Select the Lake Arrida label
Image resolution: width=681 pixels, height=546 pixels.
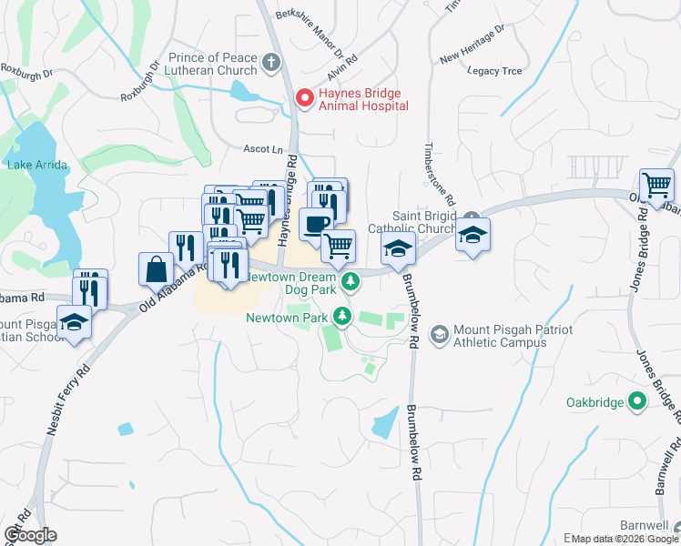point(34,165)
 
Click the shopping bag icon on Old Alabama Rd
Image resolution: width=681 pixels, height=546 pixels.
point(156,269)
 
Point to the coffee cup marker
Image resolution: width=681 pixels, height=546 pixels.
point(316,224)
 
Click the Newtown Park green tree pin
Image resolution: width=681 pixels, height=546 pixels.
point(342,317)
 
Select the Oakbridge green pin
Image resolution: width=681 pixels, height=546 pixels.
point(638,401)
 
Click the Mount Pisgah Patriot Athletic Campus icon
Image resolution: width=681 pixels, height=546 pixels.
point(439,335)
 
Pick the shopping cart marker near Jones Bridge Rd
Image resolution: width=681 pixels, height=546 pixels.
point(656,186)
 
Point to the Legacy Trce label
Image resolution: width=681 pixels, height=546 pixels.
point(494,70)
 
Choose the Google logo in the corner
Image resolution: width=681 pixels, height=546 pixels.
point(30,535)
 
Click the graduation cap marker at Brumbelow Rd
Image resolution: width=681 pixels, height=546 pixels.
point(398,248)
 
